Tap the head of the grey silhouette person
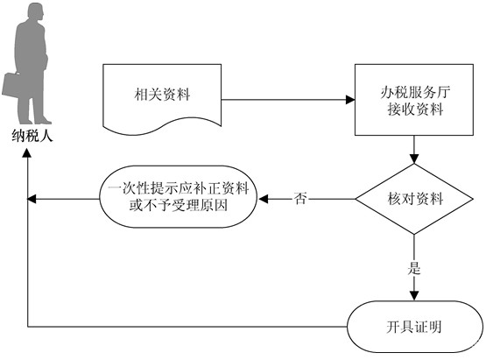(x=36, y=12)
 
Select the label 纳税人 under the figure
(x=32, y=136)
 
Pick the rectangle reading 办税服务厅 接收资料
(x=414, y=100)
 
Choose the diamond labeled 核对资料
(x=414, y=199)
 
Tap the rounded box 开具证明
(x=414, y=327)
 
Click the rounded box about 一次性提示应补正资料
(x=179, y=197)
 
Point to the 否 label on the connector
(x=300, y=199)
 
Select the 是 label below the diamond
(x=414, y=268)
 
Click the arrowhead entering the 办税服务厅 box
(x=350, y=100)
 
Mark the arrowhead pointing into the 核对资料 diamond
(x=414, y=159)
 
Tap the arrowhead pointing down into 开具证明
(x=414, y=296)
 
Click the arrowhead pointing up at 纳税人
(x=27, y=153)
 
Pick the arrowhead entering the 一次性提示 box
(x=263, y=199)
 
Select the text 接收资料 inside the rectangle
(x=415, y=109)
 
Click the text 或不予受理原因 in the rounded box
(x=179, y=205)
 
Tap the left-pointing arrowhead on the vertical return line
(x=32, y=199)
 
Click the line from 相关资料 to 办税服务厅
(x=284, y=100)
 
